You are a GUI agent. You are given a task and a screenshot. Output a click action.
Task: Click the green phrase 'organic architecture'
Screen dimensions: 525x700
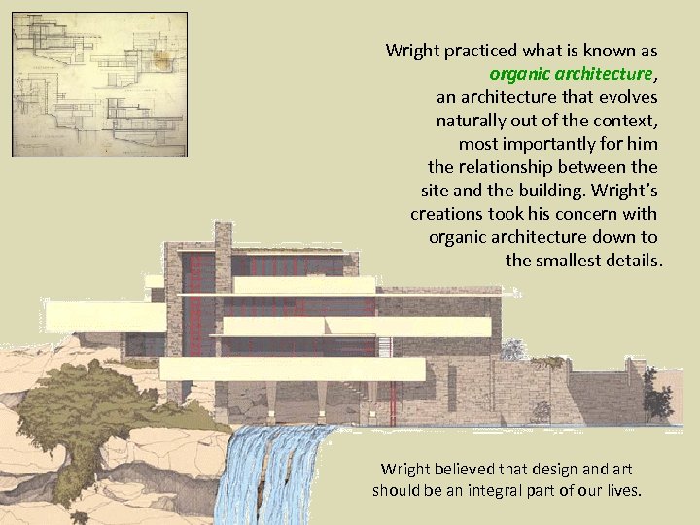click(x=572, y=74)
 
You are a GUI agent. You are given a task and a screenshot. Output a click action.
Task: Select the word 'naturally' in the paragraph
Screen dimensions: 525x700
click(x=472, y=121)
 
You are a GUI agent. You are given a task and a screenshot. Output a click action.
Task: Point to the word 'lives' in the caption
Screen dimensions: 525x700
click(x=622, y=490)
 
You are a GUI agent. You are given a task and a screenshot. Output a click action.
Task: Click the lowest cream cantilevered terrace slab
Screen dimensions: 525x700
click(x=292, y=368)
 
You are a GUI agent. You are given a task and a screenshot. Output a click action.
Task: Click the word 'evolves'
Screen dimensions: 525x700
click(x=627, y=97)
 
